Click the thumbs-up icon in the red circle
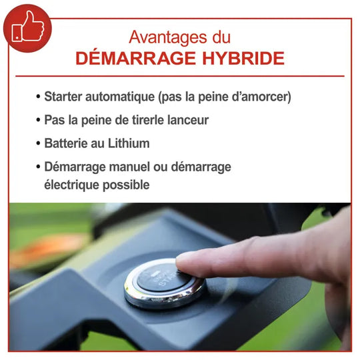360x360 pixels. [x=28, y=27]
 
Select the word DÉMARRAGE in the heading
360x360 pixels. [x=136, y=58]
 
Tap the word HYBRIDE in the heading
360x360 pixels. [x=243, y=58]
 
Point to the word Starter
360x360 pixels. [x=63, y=97]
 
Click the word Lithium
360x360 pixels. [x=129, y=143]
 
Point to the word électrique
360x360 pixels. [x=71, y=185]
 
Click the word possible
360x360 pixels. [x=126, y=185]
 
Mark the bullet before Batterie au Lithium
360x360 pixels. [x=38, y=144]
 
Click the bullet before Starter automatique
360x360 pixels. [x=38, y=97]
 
